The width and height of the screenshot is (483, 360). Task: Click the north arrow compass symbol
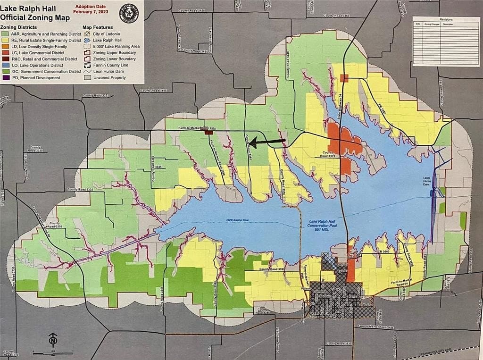[x=53, y=340]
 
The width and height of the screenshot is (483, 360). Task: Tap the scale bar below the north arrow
[x=53, y=352]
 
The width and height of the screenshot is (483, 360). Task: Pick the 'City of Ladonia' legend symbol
[x=87, y=34]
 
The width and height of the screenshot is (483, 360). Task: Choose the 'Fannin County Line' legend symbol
[x=87, y=65]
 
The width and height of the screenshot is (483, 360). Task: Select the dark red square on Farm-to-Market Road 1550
[x=208, y=133]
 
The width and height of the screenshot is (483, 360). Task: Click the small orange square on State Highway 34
[x=344, y=78]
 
